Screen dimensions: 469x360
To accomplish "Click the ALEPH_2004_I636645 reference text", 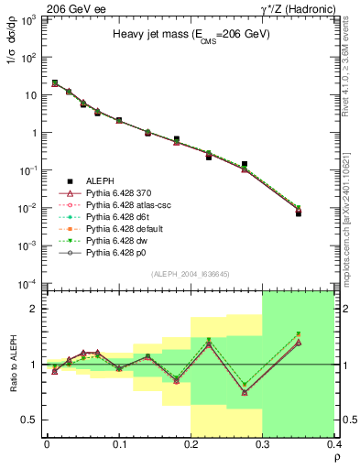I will [x=191, y=275].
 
